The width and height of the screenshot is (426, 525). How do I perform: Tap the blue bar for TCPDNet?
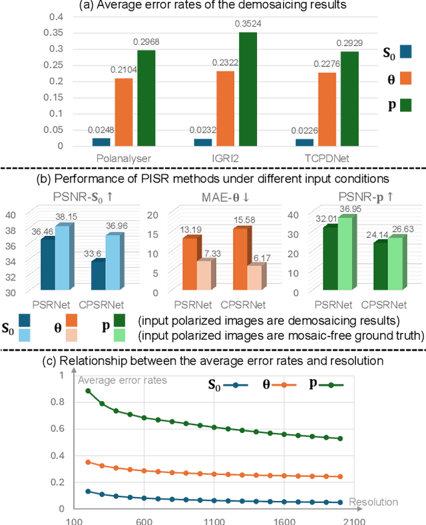(304, 142)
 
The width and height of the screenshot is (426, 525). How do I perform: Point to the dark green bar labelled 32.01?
(329, 259)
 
